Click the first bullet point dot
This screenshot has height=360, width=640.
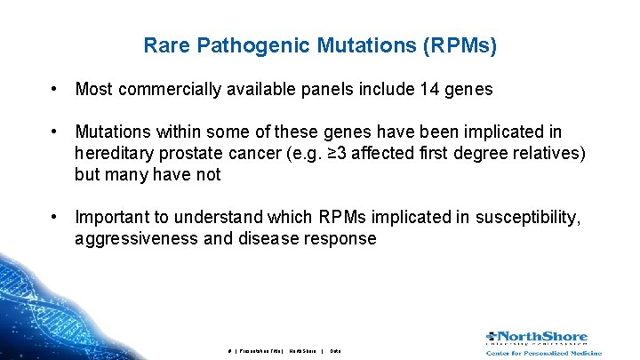[55, 89]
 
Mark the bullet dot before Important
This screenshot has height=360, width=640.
[55, 217]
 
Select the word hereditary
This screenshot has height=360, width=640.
[113, 153]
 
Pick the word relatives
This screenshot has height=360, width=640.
[548, 153]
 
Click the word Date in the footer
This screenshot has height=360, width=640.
[335, 351]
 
